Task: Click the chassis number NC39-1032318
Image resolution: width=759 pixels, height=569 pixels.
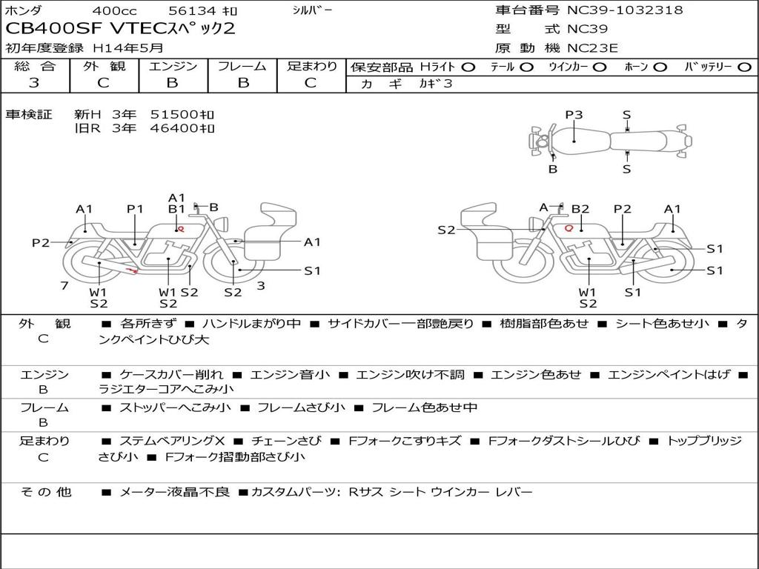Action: [x=625, y=10]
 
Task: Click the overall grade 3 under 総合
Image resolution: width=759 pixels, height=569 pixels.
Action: [x=34, y=83]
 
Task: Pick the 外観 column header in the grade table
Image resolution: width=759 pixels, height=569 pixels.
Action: [x=104, y=66]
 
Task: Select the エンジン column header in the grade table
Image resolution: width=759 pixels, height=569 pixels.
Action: [x=173, y=66]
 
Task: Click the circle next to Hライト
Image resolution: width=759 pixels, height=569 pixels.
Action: [x=468, y=67]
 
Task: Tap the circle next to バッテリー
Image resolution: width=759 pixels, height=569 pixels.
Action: [x=744, y=67]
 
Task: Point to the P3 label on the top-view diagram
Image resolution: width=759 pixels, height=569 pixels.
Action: [x=574, y=115]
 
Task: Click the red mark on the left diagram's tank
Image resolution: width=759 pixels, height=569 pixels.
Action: [x=181, y=228]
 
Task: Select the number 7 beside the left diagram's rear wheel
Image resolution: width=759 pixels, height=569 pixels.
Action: [x=64, y=286]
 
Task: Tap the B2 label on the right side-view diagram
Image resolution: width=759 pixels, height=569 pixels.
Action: [x=580, y=209]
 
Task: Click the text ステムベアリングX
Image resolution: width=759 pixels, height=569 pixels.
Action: [x=172, y=441]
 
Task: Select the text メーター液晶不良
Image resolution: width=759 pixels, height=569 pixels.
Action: [x=174, y=492]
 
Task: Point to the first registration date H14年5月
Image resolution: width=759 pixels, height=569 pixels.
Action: [x=127, y=48]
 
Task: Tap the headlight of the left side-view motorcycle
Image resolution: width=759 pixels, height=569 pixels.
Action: [x=223, y=224]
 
